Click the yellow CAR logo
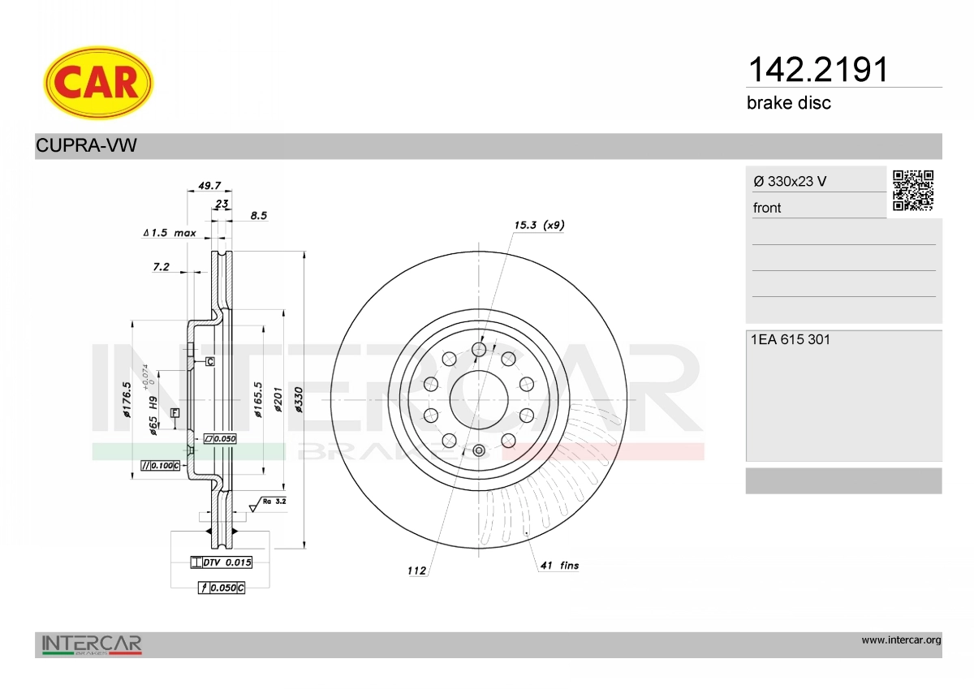pyautogui.click(x=98, y=83)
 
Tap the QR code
pyautogui.click(x=913, y=191)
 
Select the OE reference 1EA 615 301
pyautogui.click(x=791, y=340)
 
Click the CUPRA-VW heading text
pyautogui.click(x=86, y=146)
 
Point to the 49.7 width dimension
pyautogui.click(x=199, y=186)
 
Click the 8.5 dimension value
pyautogui.click(x=259, y=216)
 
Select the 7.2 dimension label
pyautogui.click(x=161, y=266)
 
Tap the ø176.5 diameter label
pyautogui.click(x=127, y=399)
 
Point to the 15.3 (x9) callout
pyautogui.click(x=539, y=225)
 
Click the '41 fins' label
pyautogui.click(x=559, y=565)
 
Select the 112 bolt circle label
pyautogui.click(x=416, y=571)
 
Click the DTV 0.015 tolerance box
pyautogui.click(x=221, y=562)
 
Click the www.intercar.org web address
pyautogui.click(x=901, y=640)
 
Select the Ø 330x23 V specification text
pyautogui.click(x=790, y=181)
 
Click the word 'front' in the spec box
pyautogui.click(x=767, y=208)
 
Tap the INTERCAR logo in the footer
pyautogui.click(x=92, y=644)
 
